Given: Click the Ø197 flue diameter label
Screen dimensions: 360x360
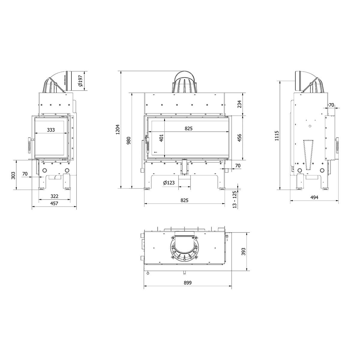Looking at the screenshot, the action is click(x=80, y=81).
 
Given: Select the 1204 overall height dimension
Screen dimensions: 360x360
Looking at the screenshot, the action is click(x=118, y=130).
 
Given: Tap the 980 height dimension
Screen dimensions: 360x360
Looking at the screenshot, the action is click(x=128, y=141).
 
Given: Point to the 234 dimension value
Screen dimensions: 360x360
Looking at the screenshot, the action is click(x=239, y=104).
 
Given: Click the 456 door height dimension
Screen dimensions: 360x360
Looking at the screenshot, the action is click(x=239, y=138).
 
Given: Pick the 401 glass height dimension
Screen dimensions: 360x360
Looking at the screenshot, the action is click(x=162, y=138).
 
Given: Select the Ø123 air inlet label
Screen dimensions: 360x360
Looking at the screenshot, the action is click(x=169, y=183).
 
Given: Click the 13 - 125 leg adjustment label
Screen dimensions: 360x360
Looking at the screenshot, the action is click(x=235, y=199).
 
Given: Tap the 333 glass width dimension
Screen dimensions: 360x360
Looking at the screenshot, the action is click(x=51, y=130).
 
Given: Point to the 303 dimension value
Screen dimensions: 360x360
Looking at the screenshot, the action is click(x=13, y=175).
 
